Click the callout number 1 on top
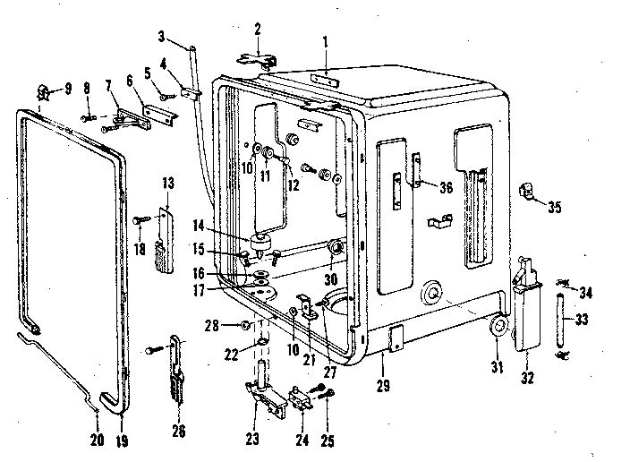click(326, 40)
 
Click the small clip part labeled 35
click(526, 191)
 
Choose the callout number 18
click(139, 249)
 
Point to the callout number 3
click(162, 36)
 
